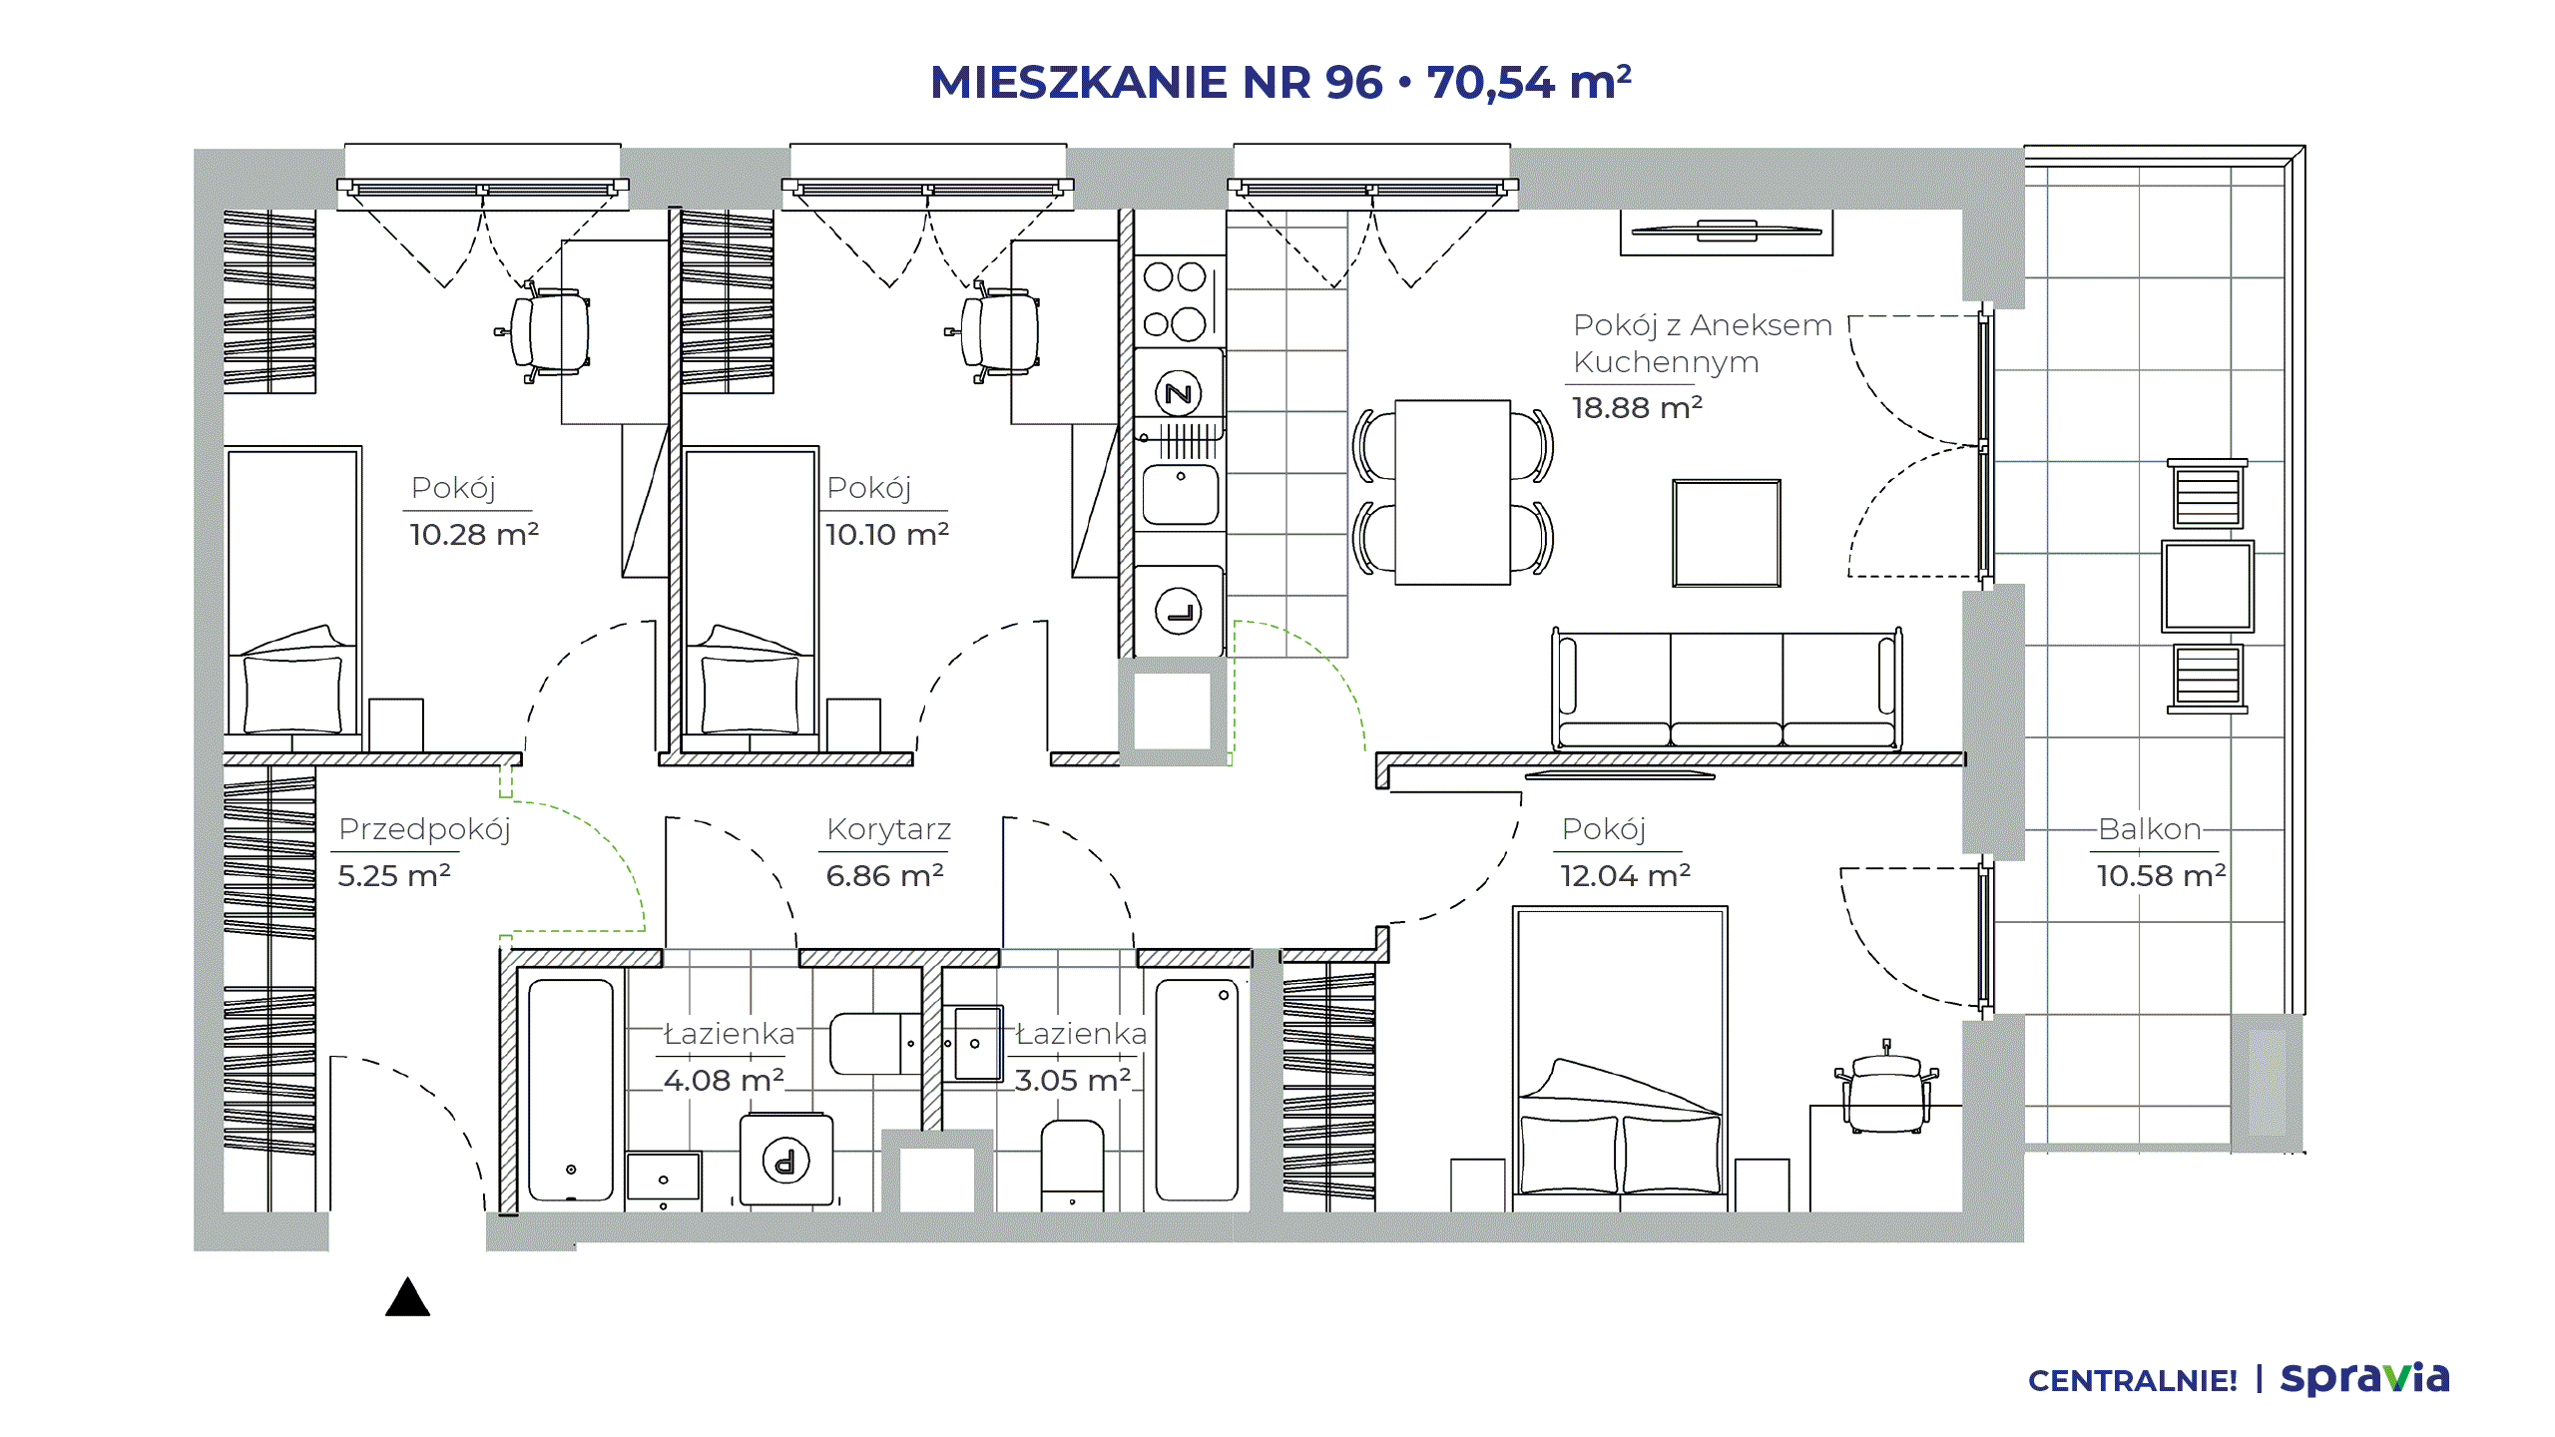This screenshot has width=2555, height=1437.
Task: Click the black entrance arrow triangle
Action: [x=407, y=1297]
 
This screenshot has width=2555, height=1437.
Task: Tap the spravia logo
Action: [x=2364, y=1378]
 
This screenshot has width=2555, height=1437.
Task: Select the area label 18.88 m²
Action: [x=1637, y=407]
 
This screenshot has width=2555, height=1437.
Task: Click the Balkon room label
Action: [x=2149, y=828]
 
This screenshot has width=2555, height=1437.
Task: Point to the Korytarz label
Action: [x=888, y=828]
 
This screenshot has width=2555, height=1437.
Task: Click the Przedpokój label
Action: [x=424, y=829]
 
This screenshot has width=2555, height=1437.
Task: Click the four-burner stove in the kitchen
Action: [x=1179, y=301]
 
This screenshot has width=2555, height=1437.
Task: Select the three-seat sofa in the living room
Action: [x=1727, y=689]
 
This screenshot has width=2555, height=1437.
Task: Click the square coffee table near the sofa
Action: [x=1727, y=533]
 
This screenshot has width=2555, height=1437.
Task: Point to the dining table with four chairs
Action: [x=1452, y=492]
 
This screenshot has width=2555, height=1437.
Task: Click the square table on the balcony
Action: [x=2208, y=587]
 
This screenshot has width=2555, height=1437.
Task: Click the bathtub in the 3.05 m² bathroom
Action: [x=1197, y=1090]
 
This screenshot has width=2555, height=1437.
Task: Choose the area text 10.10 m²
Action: [x=886, y=534]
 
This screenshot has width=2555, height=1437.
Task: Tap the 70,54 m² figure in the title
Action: [x=1529, y=82]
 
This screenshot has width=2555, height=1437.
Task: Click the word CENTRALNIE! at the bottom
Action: [x=2133, y=1381]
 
